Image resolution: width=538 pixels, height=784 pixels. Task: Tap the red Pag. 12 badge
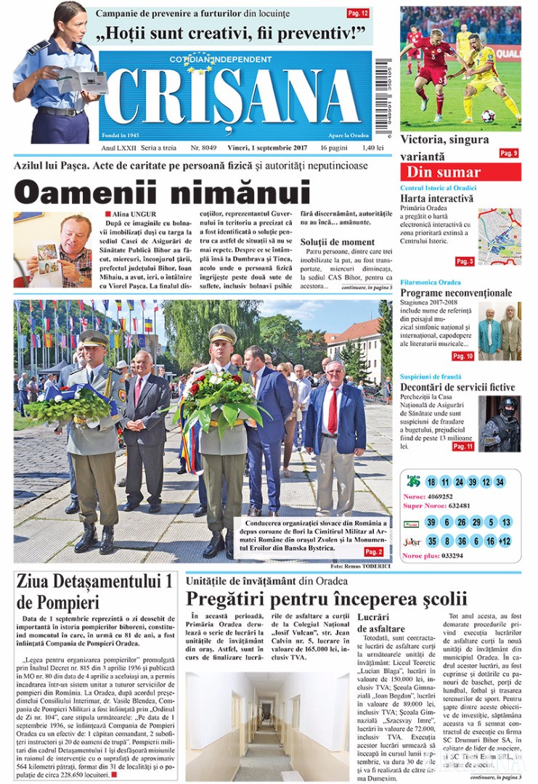(x=358, y=13)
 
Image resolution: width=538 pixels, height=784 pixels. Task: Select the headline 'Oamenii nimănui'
(x=163, y=192)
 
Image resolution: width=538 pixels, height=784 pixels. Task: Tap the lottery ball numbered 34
(x=500, y=482)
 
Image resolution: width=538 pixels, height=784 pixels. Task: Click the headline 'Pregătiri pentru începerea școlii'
(x=326, y=600)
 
